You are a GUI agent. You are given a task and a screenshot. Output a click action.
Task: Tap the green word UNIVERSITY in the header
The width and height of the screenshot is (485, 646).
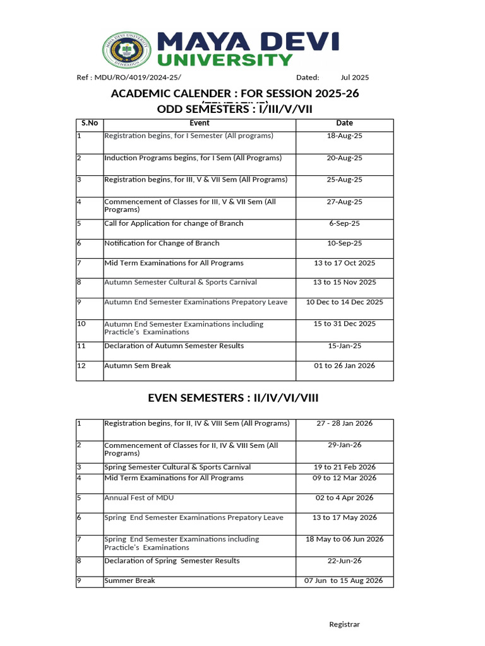pyautogui.click(x=225, y=60)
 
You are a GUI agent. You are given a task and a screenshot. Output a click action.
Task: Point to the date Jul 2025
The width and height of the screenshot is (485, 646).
pyautogui.click(x=355, y=78)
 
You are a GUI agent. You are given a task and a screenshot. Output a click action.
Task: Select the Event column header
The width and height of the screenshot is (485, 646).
pyautogui.click(x=199, y=123)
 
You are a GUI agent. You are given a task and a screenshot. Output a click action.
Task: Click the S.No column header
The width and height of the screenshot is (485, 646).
pyautogui.click(x=89, y=123)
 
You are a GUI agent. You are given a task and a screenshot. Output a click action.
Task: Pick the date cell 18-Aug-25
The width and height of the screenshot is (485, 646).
pyautogui.click(x=344, y=136)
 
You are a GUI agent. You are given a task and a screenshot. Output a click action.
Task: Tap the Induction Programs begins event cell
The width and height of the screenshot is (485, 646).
pyautogui.click(x=193, y=158)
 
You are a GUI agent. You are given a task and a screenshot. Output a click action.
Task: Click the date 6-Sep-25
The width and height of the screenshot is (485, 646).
pyautogui.click(x=344, y=224)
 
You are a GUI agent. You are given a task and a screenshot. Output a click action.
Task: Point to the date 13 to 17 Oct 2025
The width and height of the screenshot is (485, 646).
pyautogui.click(x=344, y=263)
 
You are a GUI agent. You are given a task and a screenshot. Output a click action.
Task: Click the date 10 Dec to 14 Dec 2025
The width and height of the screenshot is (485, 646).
pyautogui.click(x=344, y=302)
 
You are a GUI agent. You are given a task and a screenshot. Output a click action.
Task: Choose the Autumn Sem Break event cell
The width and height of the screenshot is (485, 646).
pyautogui.click(x=138, y=366)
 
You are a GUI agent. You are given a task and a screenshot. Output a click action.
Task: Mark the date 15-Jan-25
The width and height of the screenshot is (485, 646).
pyautogui.click(x=344, y=346)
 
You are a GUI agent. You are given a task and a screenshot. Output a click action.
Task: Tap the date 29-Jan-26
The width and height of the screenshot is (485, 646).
pyautogui.click(x=344, y=445)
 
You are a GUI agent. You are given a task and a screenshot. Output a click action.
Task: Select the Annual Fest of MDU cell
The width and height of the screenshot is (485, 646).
pyautogui.click(x=139, y=498)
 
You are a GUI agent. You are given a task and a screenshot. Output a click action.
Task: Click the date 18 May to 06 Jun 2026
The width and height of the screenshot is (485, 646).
pyautogui.click(x=344, y=539)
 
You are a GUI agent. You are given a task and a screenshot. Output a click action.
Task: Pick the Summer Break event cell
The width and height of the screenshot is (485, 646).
pyautogui.click(x=129, y=580)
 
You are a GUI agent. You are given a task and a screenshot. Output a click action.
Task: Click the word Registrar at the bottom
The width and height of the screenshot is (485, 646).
pyautogui.click(x=344, y=625)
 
